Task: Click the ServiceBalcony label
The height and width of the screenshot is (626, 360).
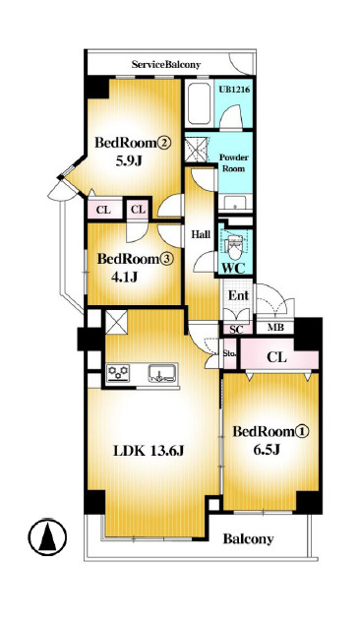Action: click(x=166, y=64)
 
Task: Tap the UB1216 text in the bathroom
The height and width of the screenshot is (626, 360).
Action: click(x=234, y=90)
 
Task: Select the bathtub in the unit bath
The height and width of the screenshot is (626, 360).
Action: click(x=199, y=103)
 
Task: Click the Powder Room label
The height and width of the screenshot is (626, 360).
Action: click(x=233, y=162)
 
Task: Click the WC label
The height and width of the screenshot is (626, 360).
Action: click(x=233, y=269)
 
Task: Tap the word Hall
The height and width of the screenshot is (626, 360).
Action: click(x=201, y=234)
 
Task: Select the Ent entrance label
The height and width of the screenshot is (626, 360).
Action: click(x=238, y=296)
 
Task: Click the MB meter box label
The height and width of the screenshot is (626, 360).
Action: click(x=275, y=328)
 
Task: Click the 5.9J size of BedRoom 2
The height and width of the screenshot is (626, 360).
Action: click(x=129, y=160)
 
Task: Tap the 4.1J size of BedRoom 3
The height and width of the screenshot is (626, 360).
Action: click(x=124, y=277)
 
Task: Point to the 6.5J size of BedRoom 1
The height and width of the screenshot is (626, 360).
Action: click(x=267, y=450)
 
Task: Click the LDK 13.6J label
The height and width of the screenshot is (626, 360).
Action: click(x=149, y=451)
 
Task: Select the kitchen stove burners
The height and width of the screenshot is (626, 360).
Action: click(x=119, y=374)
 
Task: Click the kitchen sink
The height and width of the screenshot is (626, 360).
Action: click(x=163, y=373)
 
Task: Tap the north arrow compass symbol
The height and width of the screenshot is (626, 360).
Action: click(x=47, y=537)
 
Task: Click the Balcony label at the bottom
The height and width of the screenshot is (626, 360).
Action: click(x=248, y=539)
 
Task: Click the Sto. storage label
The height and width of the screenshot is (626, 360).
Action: click(x=230, y=353)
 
